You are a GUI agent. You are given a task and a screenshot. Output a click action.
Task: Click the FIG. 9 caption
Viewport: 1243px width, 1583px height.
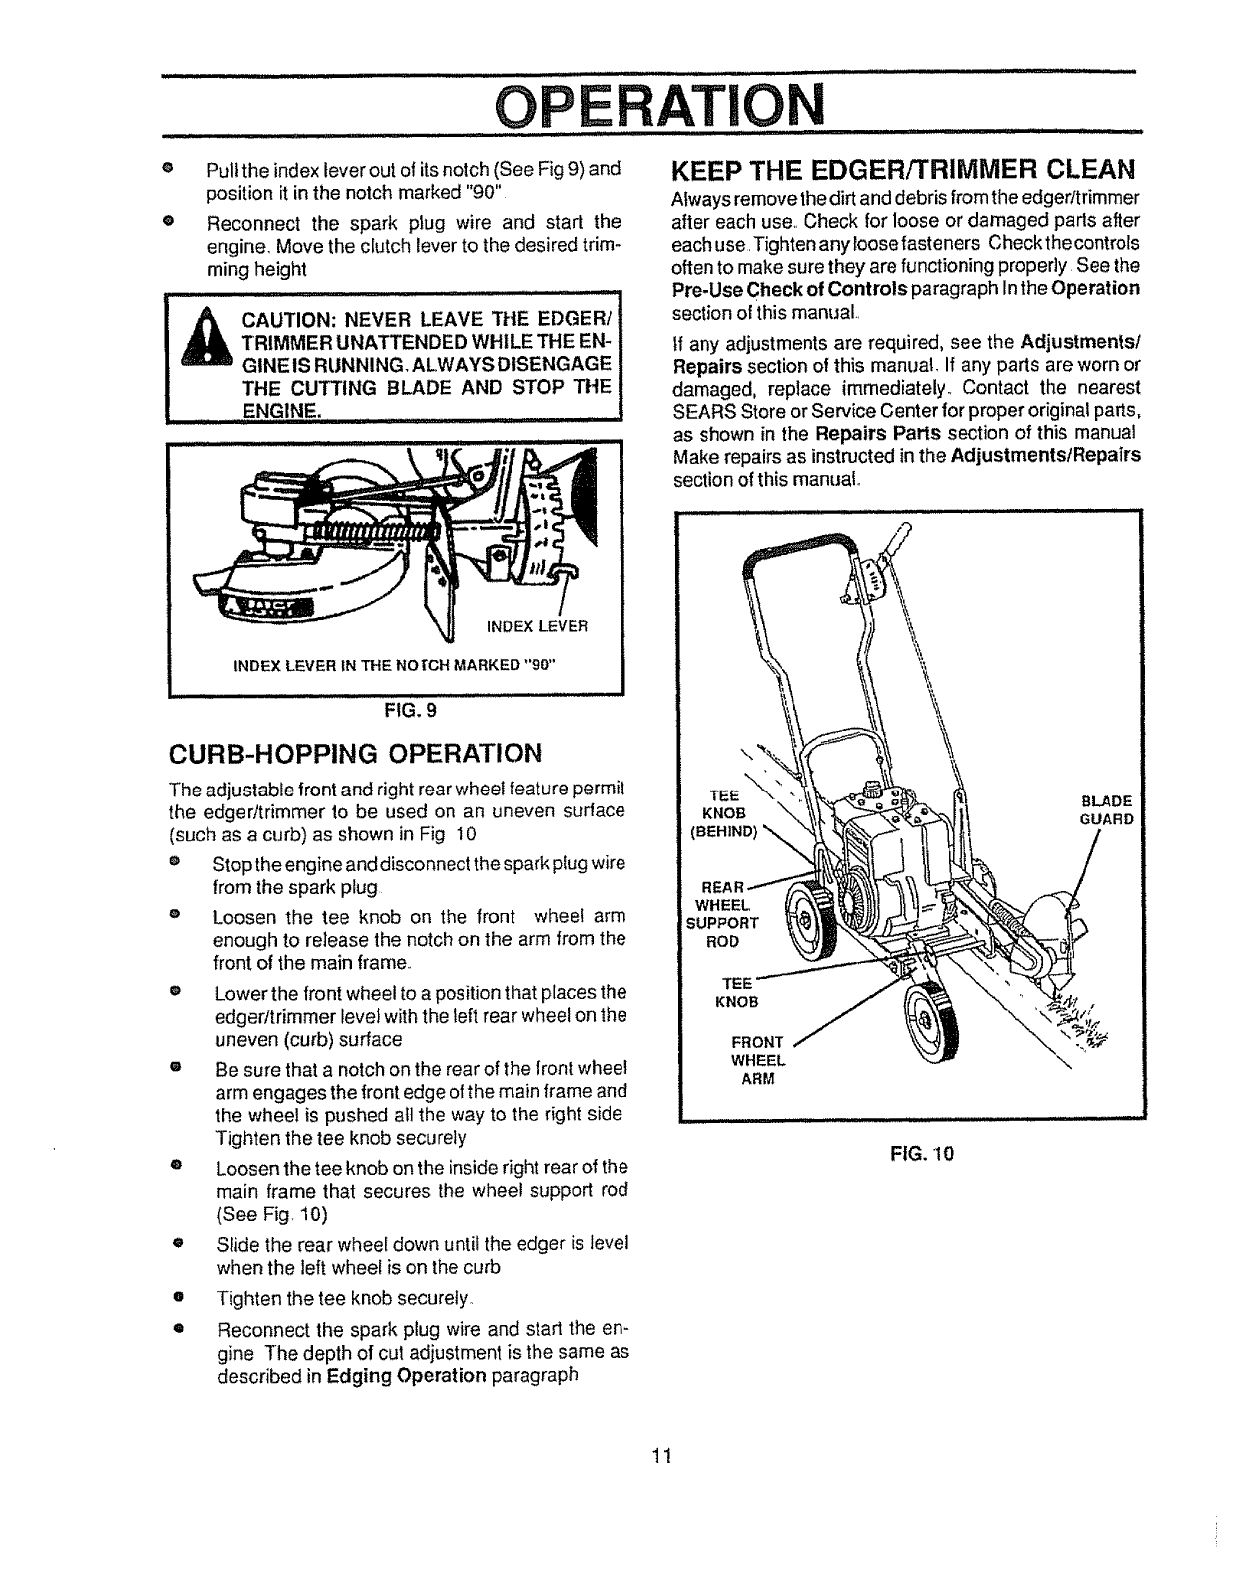pyautogui.click(x=396, y=711)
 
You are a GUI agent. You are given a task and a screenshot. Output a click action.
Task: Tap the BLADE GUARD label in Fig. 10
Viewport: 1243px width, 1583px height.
pyautogui.click(x=1107, y=809)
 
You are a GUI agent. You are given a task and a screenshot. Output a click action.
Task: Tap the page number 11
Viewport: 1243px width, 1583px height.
pyautogui.click(x=659, y=1454)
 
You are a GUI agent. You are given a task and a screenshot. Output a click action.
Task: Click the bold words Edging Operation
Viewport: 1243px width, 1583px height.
pyautogui.click(x=389, y=1374)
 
